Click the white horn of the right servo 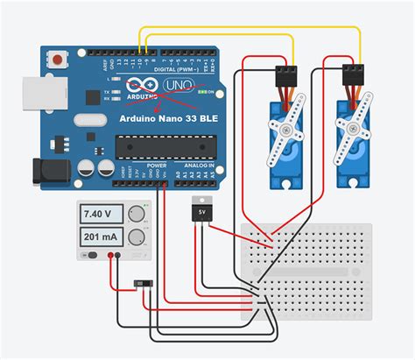pos(355,135)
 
